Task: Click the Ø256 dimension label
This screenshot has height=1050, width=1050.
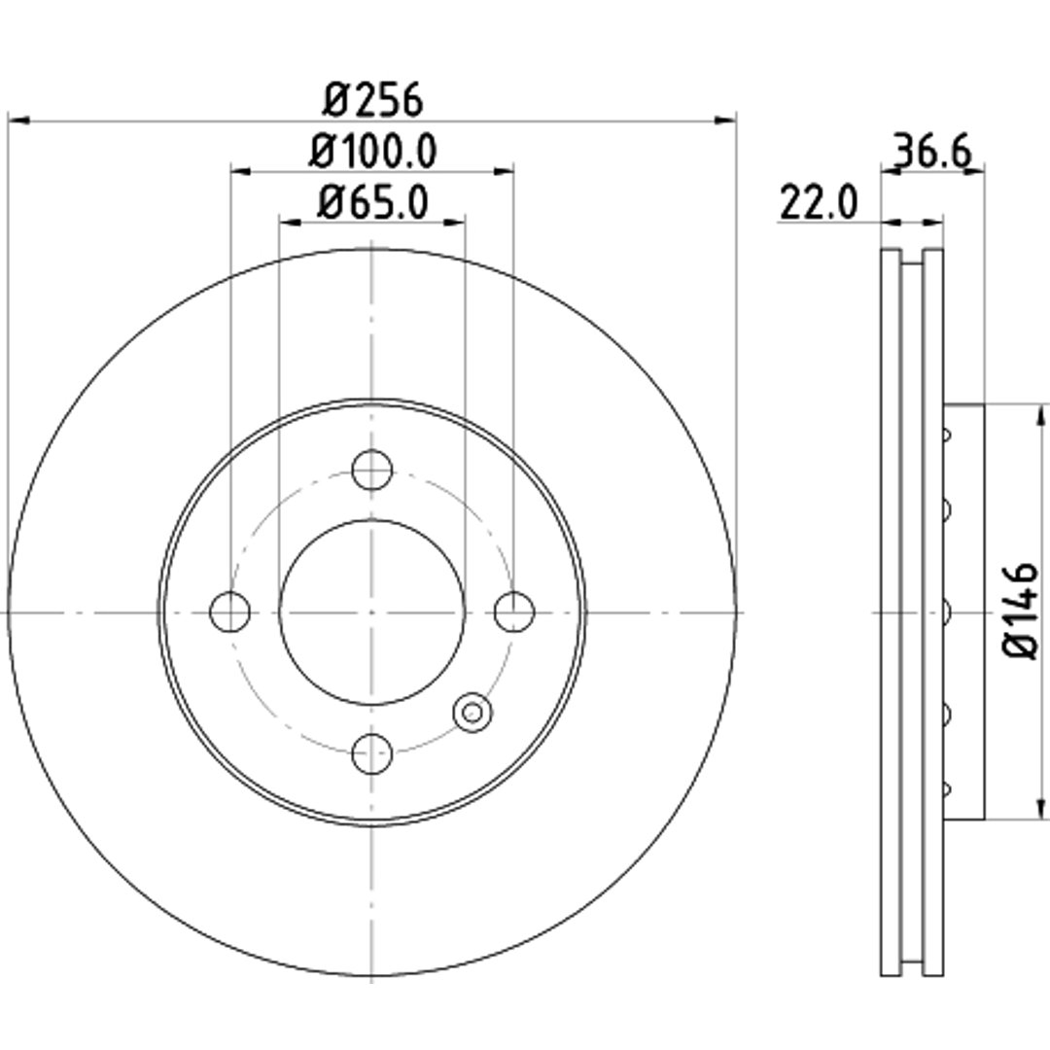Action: pos(372,100)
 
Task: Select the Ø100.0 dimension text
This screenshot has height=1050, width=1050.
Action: pos(372,151)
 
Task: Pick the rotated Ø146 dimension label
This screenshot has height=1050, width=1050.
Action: pos(1021,610)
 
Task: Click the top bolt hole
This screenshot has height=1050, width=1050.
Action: pos(371,470)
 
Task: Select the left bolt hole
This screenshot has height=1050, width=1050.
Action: pos(229,612)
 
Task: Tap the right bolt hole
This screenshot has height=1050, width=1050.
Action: pos(514,612)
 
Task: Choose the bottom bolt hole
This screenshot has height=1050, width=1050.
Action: pos(371,753)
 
